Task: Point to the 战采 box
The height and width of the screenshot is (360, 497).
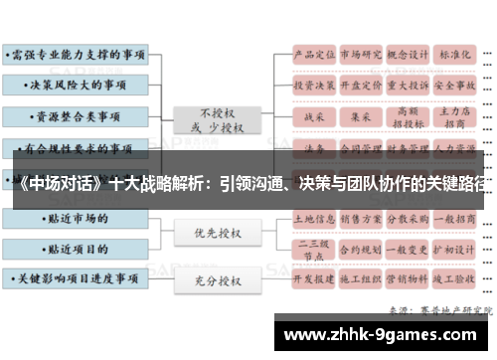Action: (x=313, y=117)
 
